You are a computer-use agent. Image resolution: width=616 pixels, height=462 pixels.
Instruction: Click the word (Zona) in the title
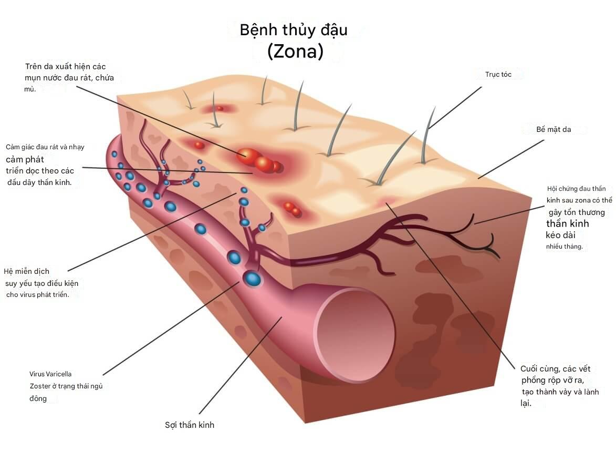[x=295, y=52]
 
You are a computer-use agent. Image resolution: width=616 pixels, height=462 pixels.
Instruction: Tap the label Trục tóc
[x=498, y=75]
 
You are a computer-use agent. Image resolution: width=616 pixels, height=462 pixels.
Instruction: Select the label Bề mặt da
[x=546, y=129]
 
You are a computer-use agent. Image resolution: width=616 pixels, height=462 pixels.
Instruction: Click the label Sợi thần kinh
[x=190, y=425]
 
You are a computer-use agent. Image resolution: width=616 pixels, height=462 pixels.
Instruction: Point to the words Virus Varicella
[x=50, y=374]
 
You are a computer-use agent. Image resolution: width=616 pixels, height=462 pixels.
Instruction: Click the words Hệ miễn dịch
[x=26, y=271]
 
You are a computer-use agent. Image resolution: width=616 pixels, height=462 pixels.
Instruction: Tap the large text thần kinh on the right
[x=568, y=223]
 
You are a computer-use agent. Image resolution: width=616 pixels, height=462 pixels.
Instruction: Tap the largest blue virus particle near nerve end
[x=253, y=278]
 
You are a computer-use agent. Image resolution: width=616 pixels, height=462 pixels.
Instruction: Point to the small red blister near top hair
[x=220, y=108]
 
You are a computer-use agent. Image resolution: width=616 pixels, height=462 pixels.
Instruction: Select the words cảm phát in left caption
[x=25, y=159]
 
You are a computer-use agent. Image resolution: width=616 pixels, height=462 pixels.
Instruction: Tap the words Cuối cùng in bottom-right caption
[x=539, y=369]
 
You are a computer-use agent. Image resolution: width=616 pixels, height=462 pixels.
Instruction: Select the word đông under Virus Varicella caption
[x=38, y=398]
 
